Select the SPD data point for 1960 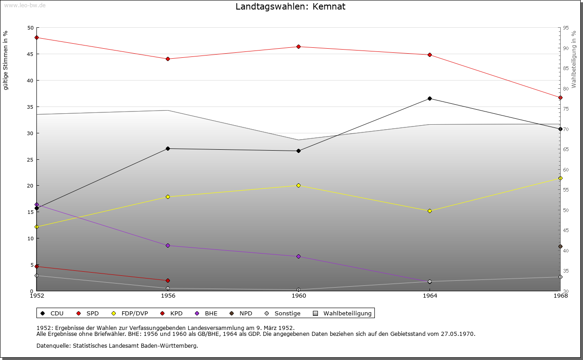(x=299, y=46)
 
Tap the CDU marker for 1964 (x=430, y=98)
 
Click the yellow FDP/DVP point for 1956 (x=168, y=197)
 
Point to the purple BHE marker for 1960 (x=299, y=256)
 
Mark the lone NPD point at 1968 (x=560, y=247)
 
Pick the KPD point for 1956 (x=168, y=280)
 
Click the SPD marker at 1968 (x=560, y=97)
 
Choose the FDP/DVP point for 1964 (x=430, y=211)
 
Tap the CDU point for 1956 (x=168, y=148)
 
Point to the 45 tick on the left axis (x=31, y=54)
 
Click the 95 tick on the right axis (x=566, y=28)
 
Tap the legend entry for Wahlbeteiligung (x=347, y=314)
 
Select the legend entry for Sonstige (x=287, y=314)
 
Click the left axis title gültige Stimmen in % (x=6, y=60)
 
